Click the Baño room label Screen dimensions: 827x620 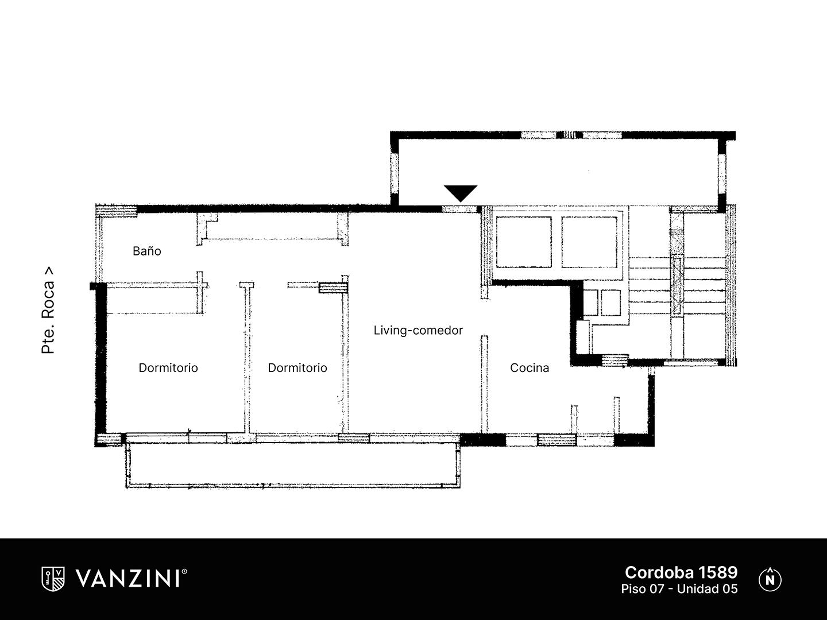147,251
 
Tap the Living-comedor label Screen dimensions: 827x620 418,331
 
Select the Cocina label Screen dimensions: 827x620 530,368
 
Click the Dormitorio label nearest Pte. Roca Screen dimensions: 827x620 168,368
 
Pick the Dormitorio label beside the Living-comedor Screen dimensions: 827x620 297,368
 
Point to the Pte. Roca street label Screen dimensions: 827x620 48,310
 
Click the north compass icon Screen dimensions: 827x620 770,580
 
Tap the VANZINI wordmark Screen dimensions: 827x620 127,579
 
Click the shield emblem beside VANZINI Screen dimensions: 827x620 53,579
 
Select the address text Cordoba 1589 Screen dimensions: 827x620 681,572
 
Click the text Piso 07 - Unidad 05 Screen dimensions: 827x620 679,589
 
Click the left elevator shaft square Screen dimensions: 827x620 524,242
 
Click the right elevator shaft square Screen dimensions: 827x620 589,242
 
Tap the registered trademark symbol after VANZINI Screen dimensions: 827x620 184,571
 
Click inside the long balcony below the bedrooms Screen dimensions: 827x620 293,465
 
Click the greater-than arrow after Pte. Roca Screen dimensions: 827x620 49,271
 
